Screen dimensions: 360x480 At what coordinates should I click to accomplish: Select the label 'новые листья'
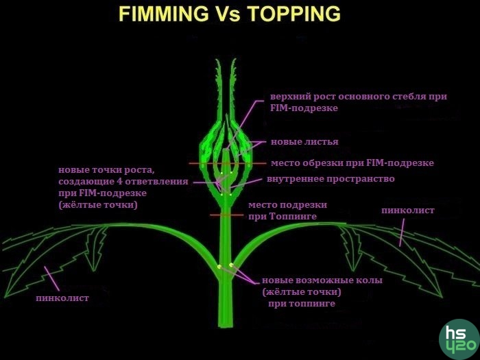[304, 142]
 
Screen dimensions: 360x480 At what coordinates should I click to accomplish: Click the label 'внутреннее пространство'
[331, 179]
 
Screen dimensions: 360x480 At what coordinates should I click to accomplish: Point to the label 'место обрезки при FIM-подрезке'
[352, 163]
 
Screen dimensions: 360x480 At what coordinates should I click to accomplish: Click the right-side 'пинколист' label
[407, 211]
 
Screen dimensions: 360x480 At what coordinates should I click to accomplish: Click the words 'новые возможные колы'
[322, 280]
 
